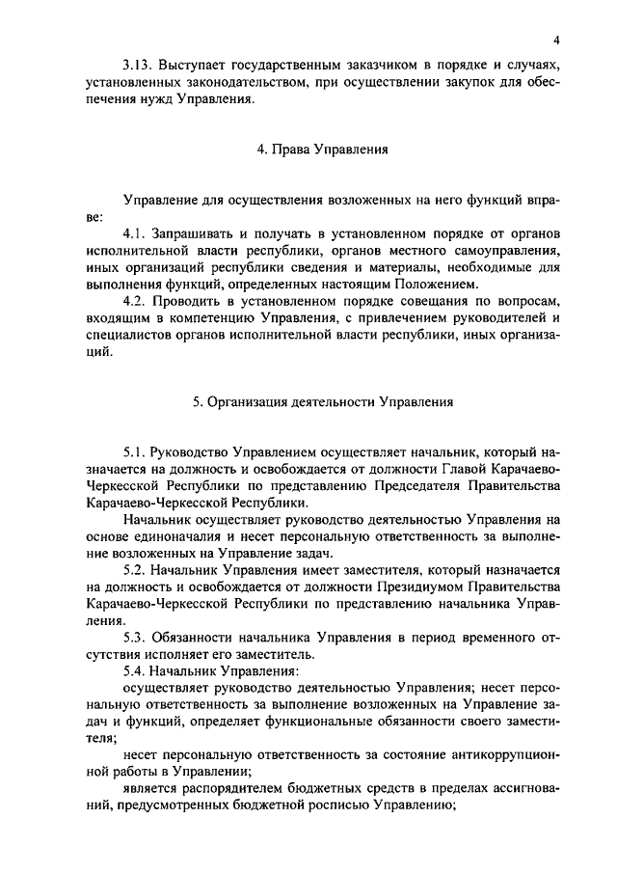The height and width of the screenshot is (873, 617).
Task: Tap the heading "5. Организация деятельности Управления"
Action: click(322, 402)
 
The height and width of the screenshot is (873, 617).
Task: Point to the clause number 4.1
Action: click(138, 233)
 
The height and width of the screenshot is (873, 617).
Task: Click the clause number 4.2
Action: click(138, 300)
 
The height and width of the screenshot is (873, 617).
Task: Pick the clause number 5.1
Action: click(138, 451)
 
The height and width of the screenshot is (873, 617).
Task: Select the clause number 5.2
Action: click(138, 569)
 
